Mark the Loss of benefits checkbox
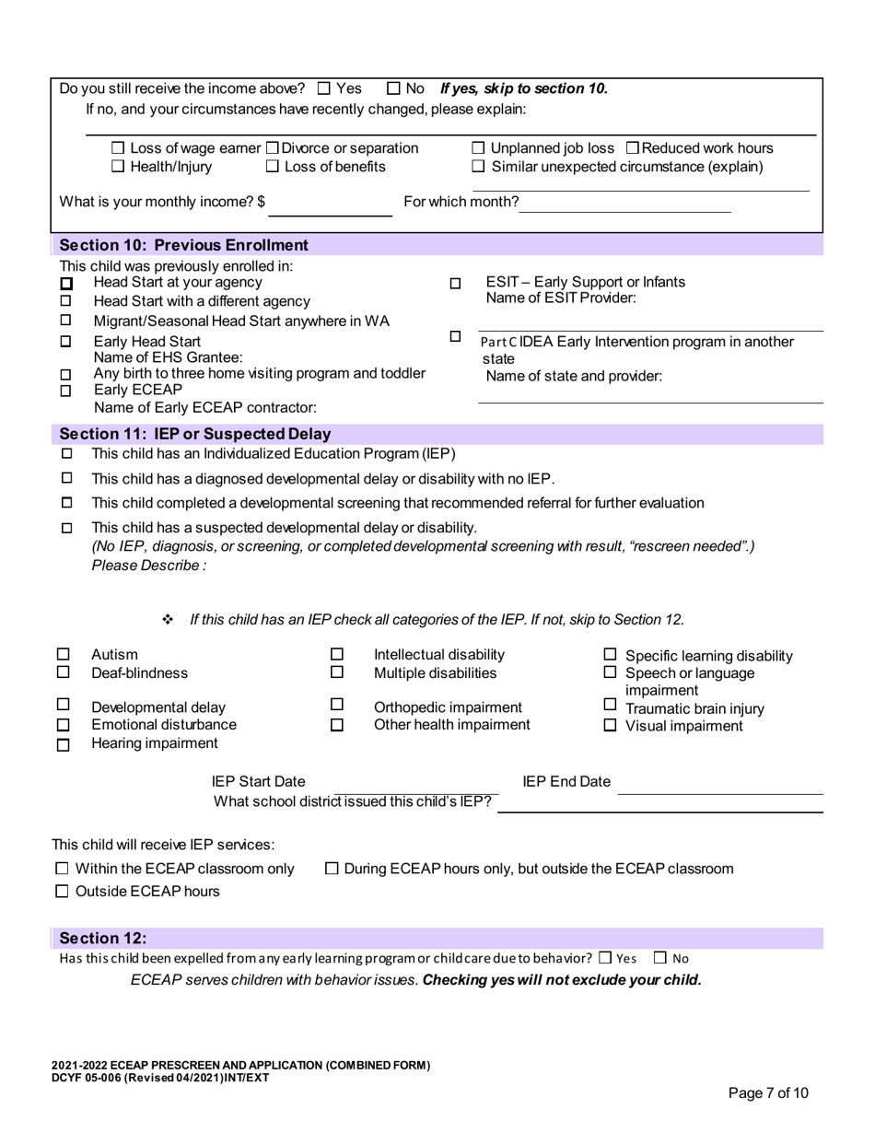click(273, 167)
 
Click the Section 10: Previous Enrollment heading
click(183, 245)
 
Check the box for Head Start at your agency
click(65, 283)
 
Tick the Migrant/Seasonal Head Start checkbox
click(65, 321)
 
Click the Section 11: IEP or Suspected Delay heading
click(194, 434)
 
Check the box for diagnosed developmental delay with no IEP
click(66, 478)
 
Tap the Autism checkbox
click(64, 655)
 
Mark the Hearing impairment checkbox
click(64, 744)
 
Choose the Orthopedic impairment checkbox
click(337, 707)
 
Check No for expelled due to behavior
click(660, 958)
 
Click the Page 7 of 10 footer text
click(768, 1093)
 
